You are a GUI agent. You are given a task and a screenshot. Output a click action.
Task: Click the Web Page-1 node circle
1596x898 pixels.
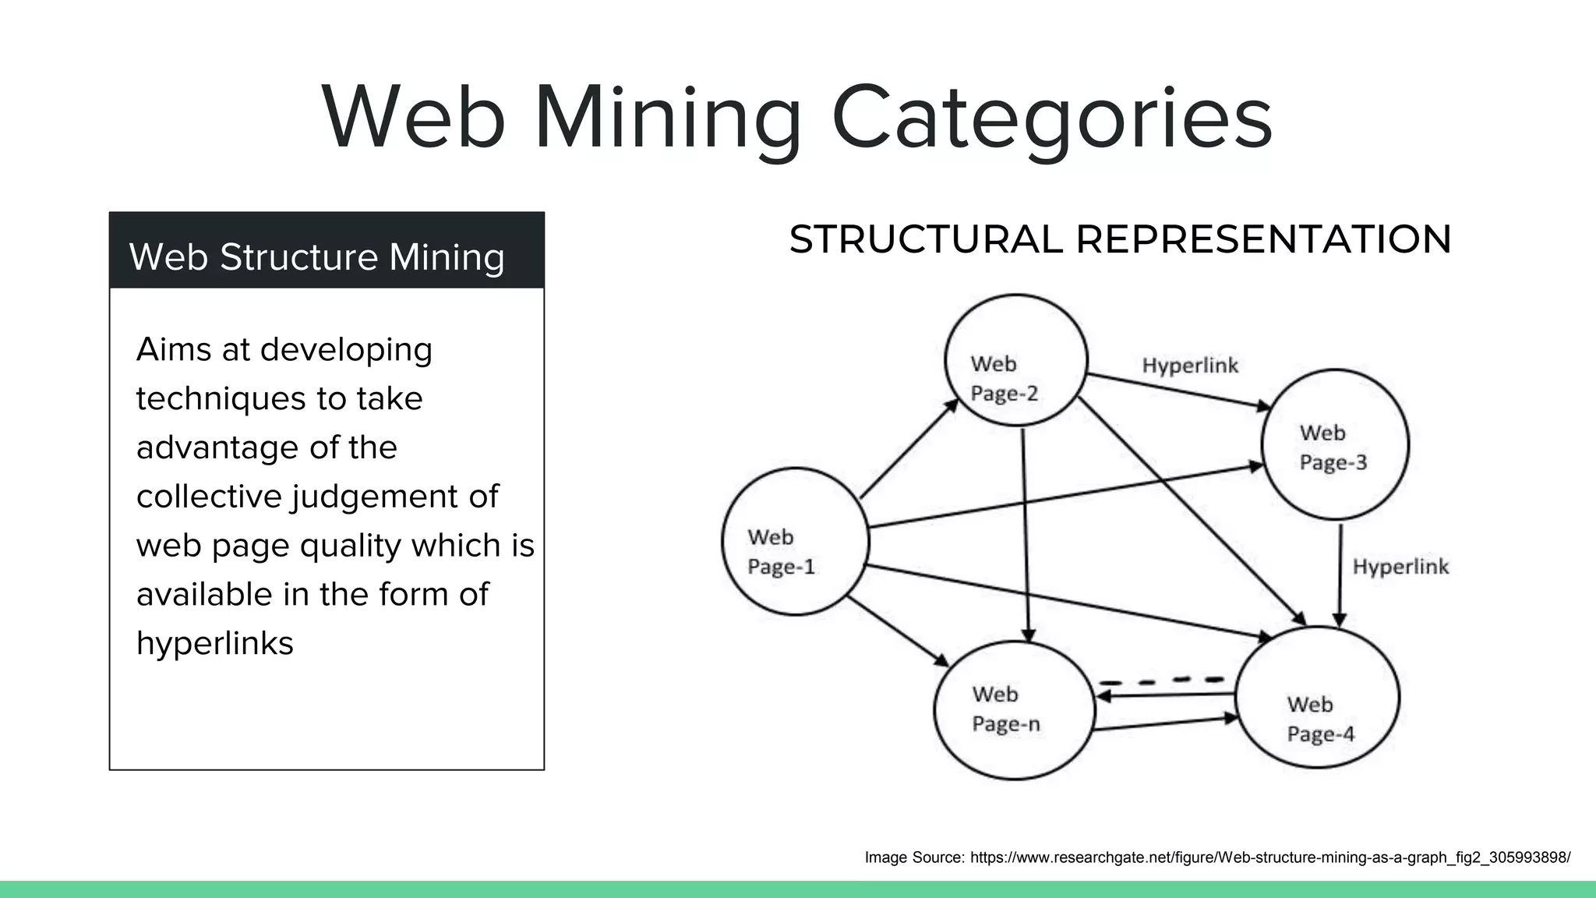coord(795,541)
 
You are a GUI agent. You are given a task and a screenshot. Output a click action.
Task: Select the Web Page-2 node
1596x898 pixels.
coord(1015,360)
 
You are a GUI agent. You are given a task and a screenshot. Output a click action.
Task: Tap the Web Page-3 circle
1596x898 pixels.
coord(1335,444)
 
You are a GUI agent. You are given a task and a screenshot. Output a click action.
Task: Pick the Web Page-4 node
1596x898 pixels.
coord(1318,697)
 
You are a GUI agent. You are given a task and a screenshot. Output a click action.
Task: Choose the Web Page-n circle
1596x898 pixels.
coord(1014,709)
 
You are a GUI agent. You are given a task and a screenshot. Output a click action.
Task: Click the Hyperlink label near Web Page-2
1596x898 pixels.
coord(1190,366)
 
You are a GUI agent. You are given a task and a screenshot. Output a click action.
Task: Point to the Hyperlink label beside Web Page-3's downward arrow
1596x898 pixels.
coord(1400,567)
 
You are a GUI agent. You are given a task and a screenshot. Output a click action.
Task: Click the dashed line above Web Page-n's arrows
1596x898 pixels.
coord(1161,681)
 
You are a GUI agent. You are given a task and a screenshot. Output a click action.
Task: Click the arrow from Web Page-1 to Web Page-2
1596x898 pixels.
coord(909,449)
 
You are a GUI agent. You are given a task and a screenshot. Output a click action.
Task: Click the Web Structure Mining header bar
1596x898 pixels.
coord(327,251)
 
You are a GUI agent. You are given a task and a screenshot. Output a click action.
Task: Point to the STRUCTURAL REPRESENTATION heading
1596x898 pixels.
coord(1120,239)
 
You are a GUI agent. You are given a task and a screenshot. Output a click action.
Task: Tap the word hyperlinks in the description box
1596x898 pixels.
coord(215,644)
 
